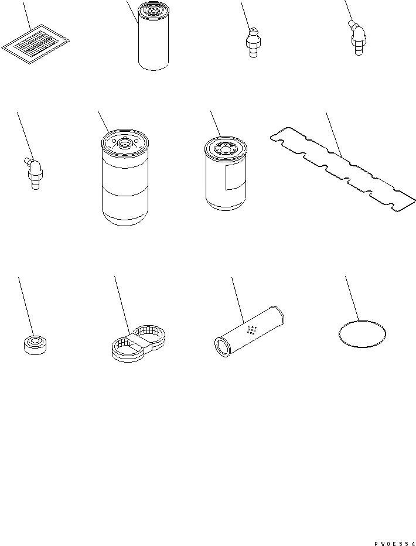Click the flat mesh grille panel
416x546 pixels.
[35, 44]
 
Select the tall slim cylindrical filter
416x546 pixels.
[153, 36]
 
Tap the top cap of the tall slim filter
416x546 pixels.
[153, 11]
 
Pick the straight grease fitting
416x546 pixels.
[253, 43]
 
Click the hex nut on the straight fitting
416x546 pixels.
[253, 43]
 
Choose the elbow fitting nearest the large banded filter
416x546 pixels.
[34, 173]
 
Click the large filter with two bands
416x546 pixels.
[125, 178]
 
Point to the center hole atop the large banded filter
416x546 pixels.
[125, 142]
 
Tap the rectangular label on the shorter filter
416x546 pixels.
[235, 177]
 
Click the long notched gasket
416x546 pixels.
[343, 169]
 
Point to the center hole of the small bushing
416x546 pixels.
[35, 341]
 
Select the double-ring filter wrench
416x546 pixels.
[138, 343]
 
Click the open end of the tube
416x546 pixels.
[221, 347]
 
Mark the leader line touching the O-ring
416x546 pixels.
[352, 298]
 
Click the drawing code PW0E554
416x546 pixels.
[395, 543]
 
